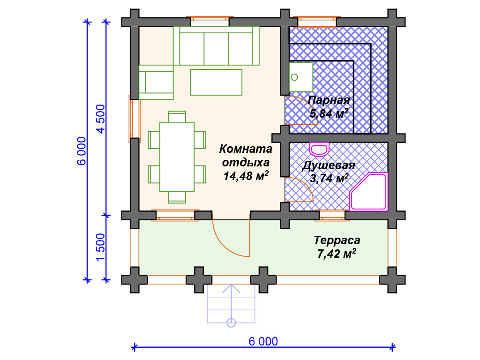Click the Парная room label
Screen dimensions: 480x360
click(329, 100)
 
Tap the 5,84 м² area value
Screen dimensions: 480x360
click(329, 113)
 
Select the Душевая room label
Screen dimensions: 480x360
click(329, 165)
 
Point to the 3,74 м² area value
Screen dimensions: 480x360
click(329, 178)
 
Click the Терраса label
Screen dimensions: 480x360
click(337, 240)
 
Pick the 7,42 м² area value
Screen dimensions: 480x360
click(337, 254)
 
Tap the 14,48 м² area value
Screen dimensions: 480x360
click(246, 176)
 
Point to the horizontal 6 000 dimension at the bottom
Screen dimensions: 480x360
click(263, 341)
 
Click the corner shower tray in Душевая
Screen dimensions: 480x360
click(368, 192)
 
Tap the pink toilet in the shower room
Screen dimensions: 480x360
click(319, 149)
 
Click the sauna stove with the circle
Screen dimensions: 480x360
click(301, 77)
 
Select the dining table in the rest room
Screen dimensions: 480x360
click(177, 157)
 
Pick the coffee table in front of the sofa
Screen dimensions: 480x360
click(216, 82)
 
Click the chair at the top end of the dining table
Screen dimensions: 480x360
click(177, 117)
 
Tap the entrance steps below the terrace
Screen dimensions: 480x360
click(231, 304)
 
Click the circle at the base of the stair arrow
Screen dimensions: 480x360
click(231, 322)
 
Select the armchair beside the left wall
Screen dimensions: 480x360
click(156, 82)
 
